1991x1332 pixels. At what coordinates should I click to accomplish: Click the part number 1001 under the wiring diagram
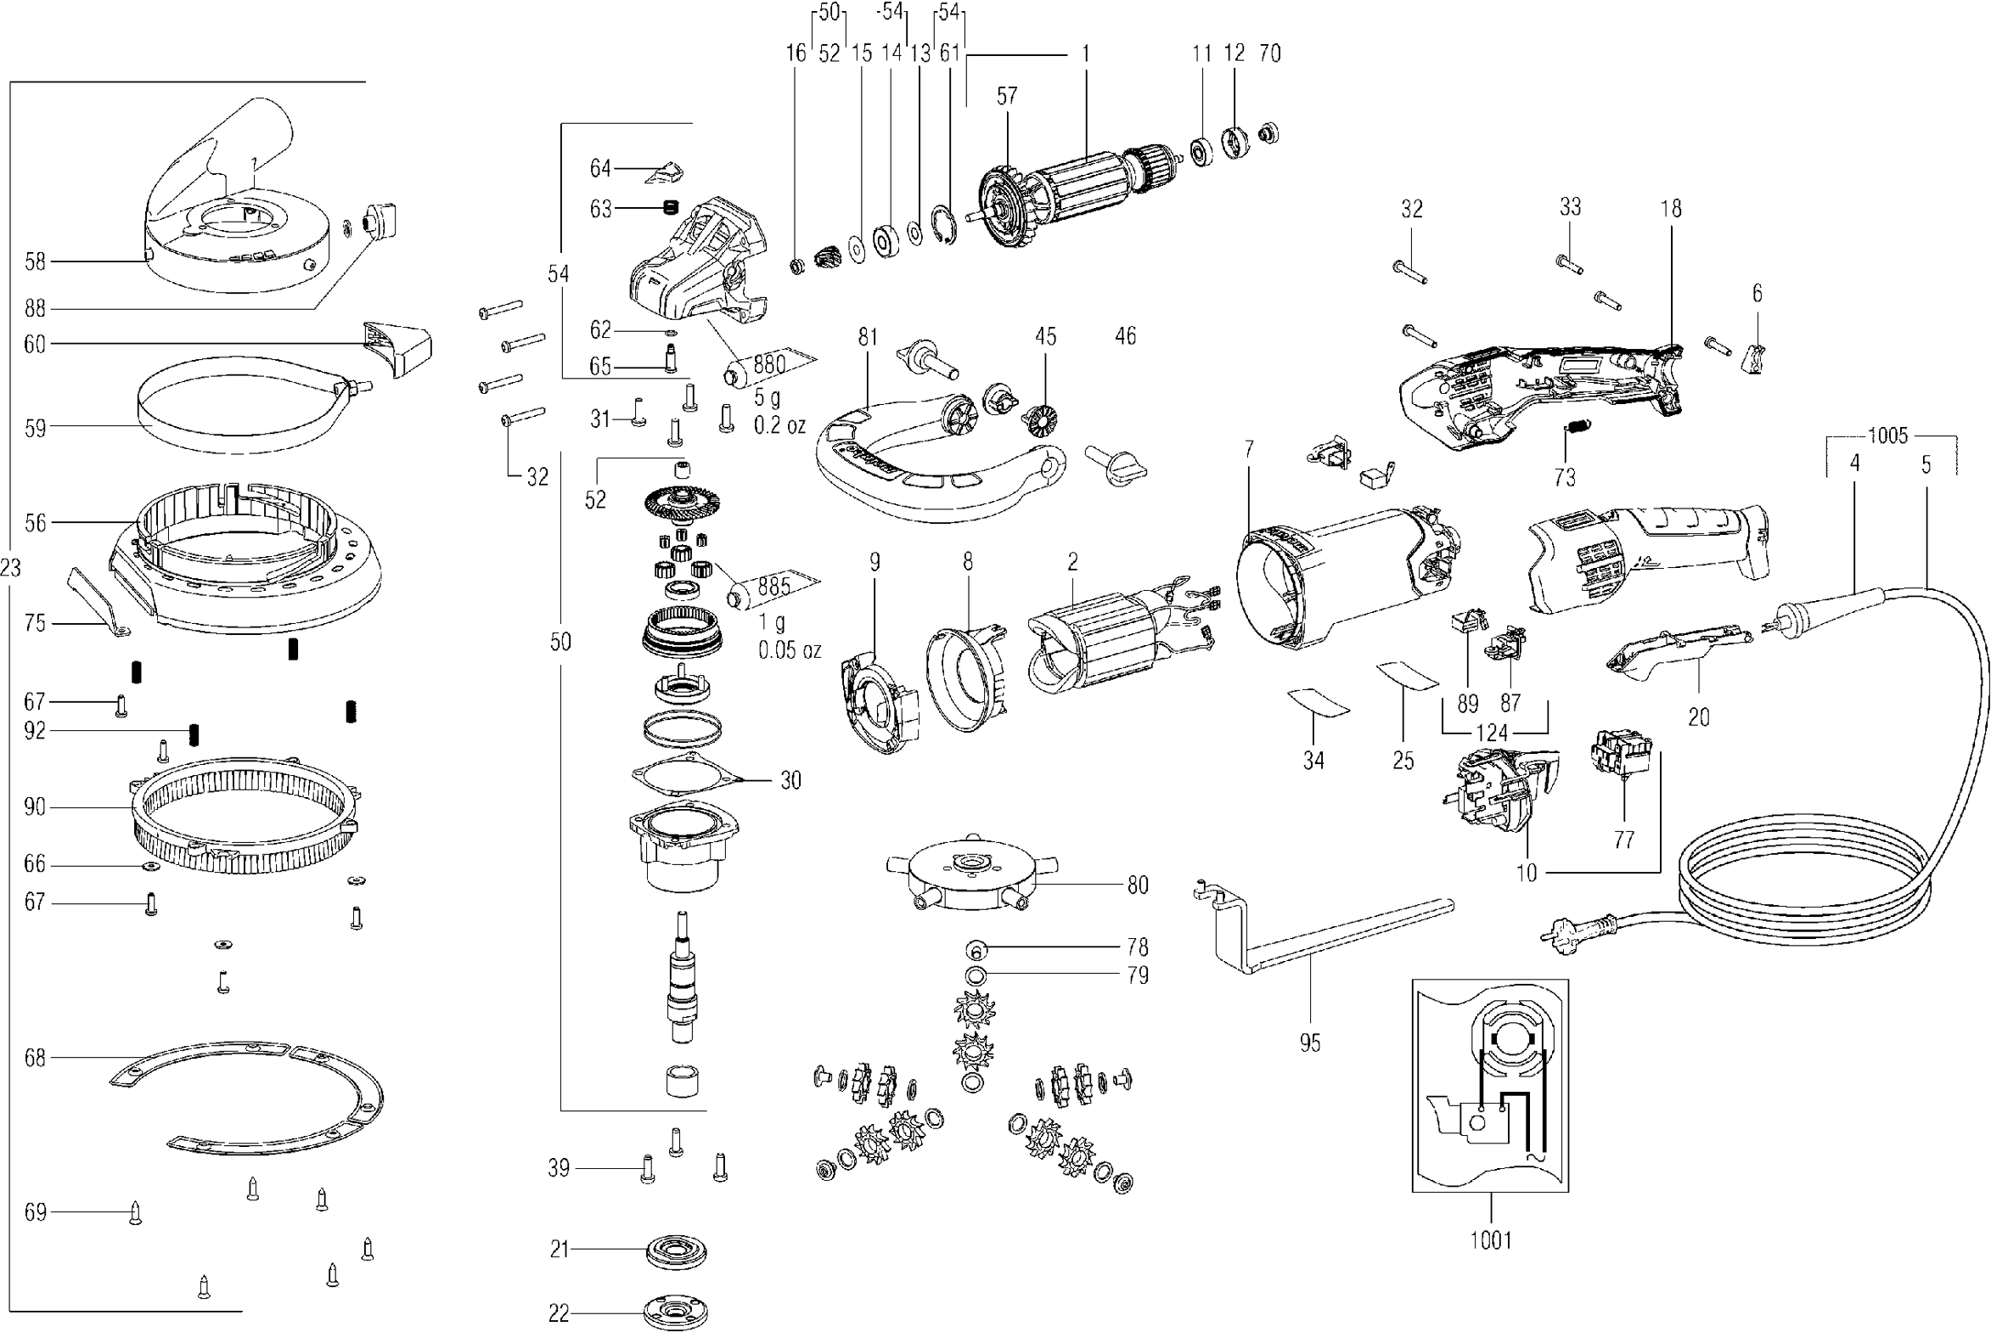coord(1491,1241)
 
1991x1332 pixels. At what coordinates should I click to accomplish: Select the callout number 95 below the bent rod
coord(1310,1043)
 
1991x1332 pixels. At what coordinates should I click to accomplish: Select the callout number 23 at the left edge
coord(10,567)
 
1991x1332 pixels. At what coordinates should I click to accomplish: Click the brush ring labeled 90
coord(246,816)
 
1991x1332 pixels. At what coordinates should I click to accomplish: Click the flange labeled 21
coord(676,1251)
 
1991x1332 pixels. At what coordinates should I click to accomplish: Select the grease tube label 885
coord(773,586)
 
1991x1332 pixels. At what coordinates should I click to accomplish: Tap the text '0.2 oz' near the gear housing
coord(779,425)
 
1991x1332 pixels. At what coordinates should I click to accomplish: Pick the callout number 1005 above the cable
coord(1887,436)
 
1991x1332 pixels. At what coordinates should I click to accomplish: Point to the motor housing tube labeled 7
coord(1342,577)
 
